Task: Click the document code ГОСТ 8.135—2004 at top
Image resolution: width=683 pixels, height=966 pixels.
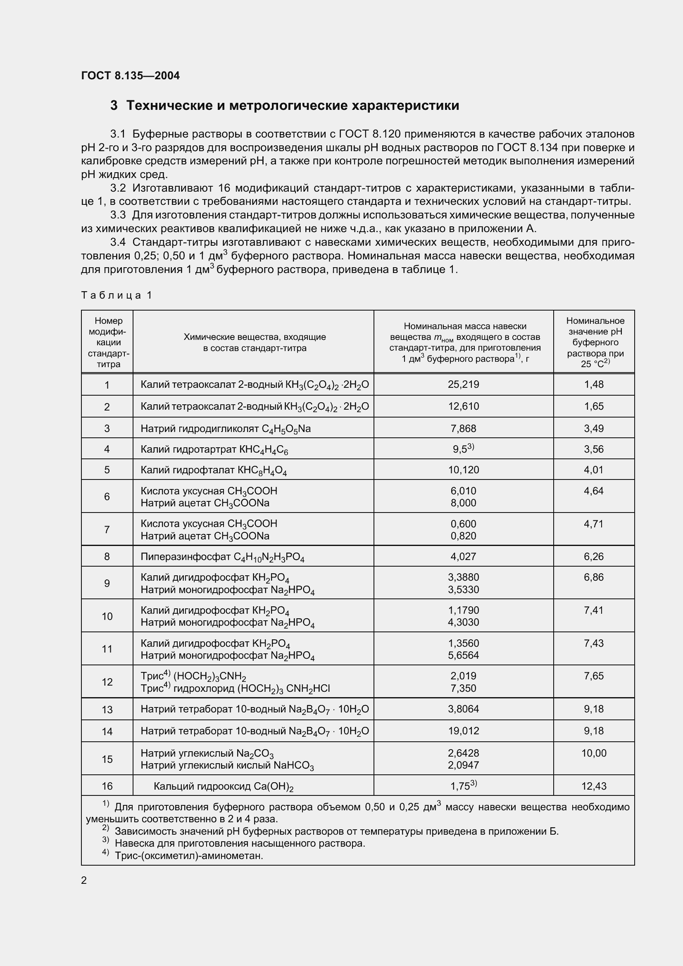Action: click(x=130, y=76)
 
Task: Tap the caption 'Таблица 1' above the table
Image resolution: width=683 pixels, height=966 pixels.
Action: click(x=116, y=295)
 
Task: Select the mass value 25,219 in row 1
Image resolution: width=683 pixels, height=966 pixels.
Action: click(x=463, y=384)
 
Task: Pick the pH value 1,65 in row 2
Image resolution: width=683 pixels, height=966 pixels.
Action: click(x=593, y=406)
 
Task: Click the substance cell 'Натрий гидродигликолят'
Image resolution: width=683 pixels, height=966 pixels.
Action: click(x=226, y=428)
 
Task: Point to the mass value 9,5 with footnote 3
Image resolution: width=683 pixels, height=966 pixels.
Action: click(x=463, y=449)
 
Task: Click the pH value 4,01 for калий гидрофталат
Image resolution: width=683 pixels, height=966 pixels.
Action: click(x=593, y=470)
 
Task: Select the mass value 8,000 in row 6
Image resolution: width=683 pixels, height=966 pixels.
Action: click(x=463, y=503)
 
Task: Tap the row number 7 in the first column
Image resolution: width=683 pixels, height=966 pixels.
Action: click(x=107, y=529)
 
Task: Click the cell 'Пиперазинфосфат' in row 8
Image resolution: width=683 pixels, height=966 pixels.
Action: click(x=222, y=557)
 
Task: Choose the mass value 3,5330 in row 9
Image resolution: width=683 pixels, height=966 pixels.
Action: click(x=463, y=589)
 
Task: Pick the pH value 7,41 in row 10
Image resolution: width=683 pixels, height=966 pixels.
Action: click(x=593, y=610)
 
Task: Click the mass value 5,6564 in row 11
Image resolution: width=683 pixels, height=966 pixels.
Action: click(x=463, y=655)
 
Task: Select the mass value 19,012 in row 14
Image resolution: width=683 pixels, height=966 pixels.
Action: click(x=463, y=731)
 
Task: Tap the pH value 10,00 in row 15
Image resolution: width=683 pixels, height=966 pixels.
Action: click(x=593, y=753)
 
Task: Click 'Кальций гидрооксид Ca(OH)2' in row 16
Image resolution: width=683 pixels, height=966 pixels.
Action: click(x=224, y=786)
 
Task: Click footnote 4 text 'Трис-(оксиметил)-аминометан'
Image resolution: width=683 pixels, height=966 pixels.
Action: click(x=188, y=855)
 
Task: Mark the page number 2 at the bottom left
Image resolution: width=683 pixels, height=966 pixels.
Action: click(x=84, y=880)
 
